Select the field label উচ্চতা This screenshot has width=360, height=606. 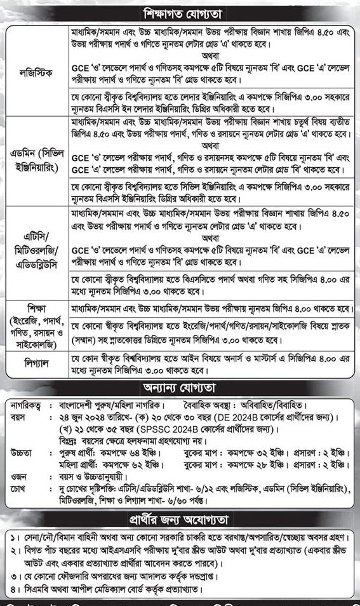(18, 452)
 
